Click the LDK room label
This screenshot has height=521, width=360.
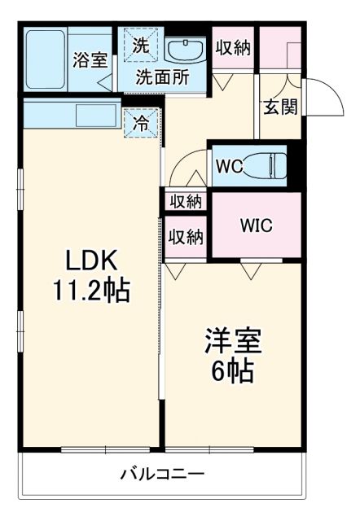[x=93, y=261]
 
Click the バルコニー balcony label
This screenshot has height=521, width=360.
[x=162, y=473]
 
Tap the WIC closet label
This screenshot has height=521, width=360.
[x=256, y=225]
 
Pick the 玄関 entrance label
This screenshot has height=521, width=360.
[x=279, y=107]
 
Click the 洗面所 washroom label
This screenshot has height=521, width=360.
[x=162, y=78]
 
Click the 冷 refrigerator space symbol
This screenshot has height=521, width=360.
[x=141, y=125]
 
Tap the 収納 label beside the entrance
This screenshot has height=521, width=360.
[x=232, y=47]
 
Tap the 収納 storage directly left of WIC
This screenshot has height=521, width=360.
[x=186, y=237]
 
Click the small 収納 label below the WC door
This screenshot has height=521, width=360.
[x=186, y=200]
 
